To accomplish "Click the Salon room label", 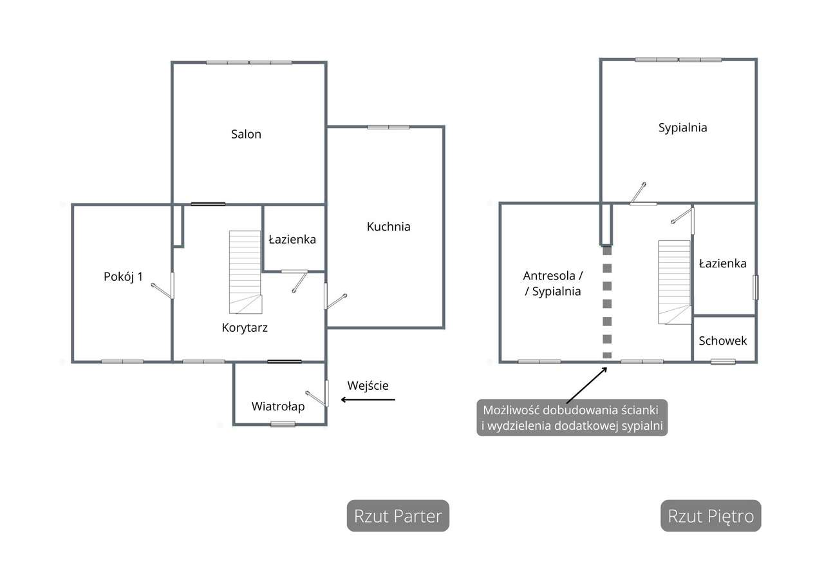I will [x=247, y=134].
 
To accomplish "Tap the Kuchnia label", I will [x=388, y=227].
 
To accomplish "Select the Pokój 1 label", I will [x=123, y=277].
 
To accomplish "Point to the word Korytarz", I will [x=245, y=327].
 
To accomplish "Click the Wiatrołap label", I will [x=278, y=407].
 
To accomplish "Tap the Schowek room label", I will [x=723, y=341].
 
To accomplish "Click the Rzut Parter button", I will [x=398, y=516].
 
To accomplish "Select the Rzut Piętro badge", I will [x=711, y=516].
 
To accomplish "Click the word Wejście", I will [x=368, y=386].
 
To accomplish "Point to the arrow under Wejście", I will [x=368, y=400].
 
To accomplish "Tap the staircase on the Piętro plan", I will [x=673, y=282].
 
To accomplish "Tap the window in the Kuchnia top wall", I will [x=388, y=127].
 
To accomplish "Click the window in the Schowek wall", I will [x=723, y=361].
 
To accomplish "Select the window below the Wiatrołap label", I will [x=283, y=423].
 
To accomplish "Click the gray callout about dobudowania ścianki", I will [x=572, y=418].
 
